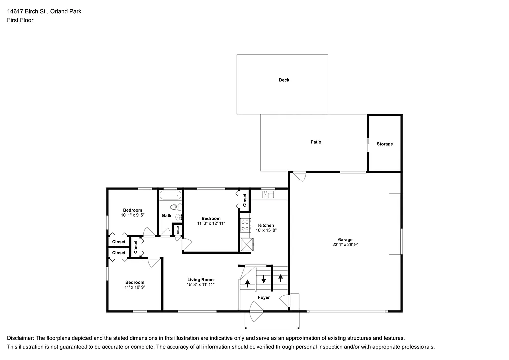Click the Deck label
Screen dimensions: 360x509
[284, 80]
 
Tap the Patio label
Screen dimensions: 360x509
[316, 142]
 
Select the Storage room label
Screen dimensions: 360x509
[384, 144]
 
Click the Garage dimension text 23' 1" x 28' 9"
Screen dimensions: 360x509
[345, 245]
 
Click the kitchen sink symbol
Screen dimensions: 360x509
[268, 194]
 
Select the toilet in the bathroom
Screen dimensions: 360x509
[174, 207]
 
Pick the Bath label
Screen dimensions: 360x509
[166, 215]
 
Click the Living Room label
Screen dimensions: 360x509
[200, 279]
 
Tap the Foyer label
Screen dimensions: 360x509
[264, 297]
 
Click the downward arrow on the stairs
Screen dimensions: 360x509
[264, 279]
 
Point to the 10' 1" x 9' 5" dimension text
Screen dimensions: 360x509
[132, 215]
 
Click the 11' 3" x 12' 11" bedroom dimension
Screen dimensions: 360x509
[211, 224]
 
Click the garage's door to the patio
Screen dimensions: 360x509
[299, 177]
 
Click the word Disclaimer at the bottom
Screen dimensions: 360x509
[20, 337]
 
